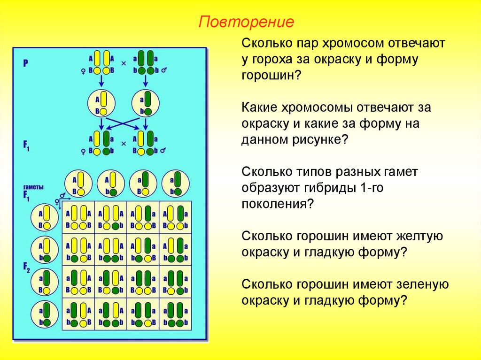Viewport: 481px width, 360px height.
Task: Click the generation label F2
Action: tap(26, 269)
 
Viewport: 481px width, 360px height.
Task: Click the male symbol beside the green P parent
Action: tap(164, 71)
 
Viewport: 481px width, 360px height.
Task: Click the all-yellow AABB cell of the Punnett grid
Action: tap(78, 217)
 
